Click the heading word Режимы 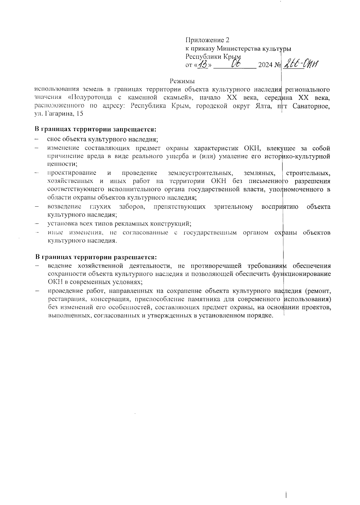pos(182,81)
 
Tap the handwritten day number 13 pos(204,64)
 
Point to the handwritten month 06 pos(235,64)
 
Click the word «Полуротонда pos(88,97)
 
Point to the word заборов pos(132,207)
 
